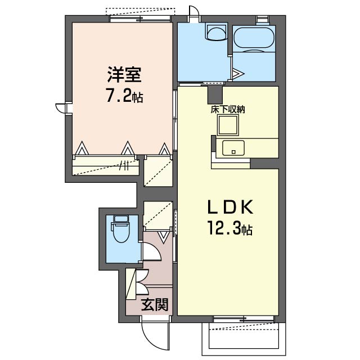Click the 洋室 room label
point(124,75)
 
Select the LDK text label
point(230,207)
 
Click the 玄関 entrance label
point(155,304)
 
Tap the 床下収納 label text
point(228,110)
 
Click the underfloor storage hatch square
point(228,125)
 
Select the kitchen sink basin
point(233,148)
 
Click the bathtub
point(254,38)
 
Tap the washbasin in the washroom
point(217,33)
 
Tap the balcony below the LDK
point(244,339)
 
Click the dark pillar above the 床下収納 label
point(215,95)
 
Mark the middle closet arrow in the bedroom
point(128,148)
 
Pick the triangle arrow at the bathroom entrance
point(237,74)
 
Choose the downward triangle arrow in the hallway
point(164,237)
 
